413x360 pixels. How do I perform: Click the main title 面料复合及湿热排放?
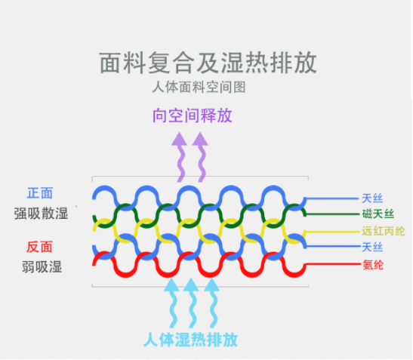coord(208,63)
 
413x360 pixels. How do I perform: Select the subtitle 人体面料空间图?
coord(199,87)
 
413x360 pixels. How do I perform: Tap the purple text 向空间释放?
coord(193,115)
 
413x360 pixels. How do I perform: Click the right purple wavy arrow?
coord(202,158)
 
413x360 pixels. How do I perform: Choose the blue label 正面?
coord(40,193)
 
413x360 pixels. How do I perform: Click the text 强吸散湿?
coord(41,214)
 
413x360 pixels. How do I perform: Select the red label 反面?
coord(39,247)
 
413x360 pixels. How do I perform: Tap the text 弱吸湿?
coord(42,266)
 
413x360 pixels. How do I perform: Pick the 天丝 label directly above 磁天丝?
coord(372,198)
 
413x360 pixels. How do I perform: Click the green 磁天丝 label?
coord(378,214)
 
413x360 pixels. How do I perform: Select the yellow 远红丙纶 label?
coord(384,231)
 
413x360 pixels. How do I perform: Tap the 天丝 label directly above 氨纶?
coord(372,248)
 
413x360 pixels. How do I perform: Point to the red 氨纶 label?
coord(373,265)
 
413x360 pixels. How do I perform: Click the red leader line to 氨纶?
coord(333,264)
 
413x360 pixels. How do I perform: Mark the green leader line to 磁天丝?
coord(332,214)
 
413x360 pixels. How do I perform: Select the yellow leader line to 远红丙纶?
coord(332,232)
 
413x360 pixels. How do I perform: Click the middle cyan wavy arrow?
coord(193,303)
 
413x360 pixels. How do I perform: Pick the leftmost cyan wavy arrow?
coord(172,303)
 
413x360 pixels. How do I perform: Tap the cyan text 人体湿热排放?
coord(191,340)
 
